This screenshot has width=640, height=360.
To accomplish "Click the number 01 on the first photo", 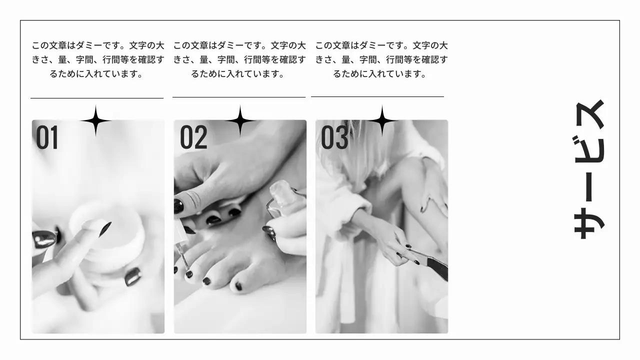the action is point(47,137).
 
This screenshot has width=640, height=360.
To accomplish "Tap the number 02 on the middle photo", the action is point(193,137).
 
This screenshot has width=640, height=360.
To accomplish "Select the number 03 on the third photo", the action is point(334,137).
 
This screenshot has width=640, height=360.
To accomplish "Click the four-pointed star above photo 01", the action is point(95,120).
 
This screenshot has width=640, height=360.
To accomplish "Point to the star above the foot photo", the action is point(240,120).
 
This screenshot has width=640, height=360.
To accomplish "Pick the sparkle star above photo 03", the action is point(382,120).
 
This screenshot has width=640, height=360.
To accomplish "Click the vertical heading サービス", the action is point(589,169).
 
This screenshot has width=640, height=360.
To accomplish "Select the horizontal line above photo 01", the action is point(97,98).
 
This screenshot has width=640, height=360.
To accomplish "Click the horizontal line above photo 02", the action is point(239,97).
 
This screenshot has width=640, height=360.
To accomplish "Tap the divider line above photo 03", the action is point(377,96).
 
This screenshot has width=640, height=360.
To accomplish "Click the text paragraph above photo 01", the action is point(98,59).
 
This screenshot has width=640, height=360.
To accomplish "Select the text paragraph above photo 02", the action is point(239,59).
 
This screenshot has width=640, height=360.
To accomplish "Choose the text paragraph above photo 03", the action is point(381,59).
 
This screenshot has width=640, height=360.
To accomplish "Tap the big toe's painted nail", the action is point(238,286).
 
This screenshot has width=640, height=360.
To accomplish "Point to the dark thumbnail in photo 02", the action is point(179,205).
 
